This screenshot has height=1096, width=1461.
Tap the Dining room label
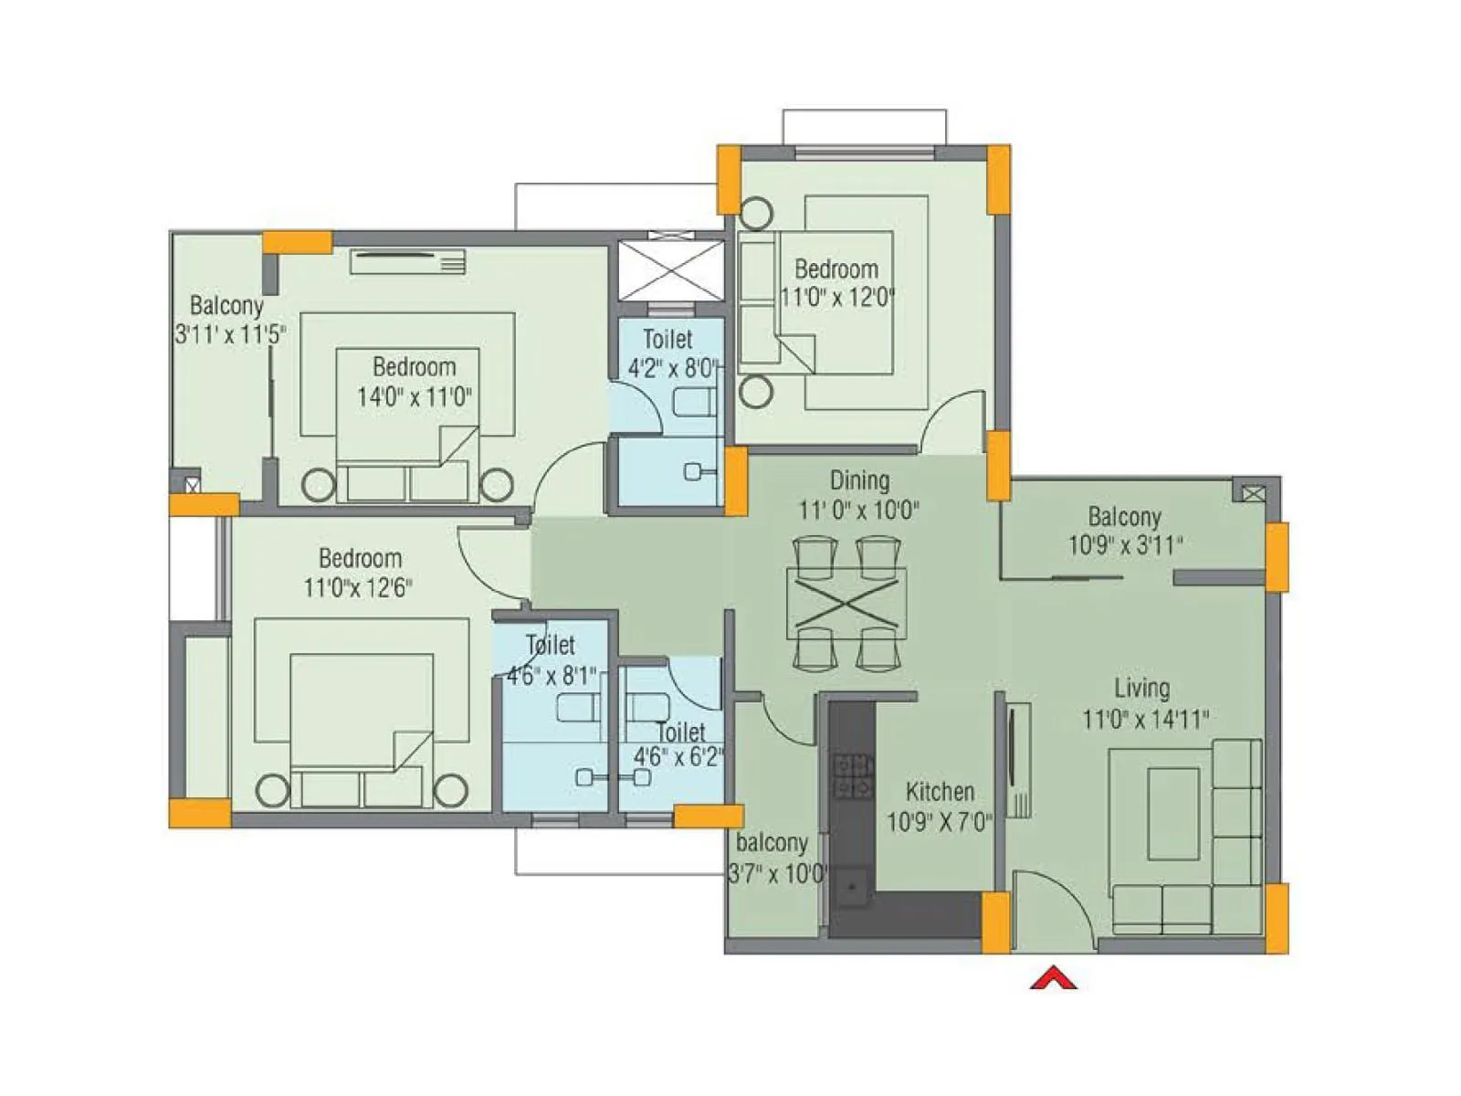click(x=859, y=480)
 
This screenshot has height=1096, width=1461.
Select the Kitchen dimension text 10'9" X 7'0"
click(x=940, y=822)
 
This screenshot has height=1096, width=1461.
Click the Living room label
click(x=1141, y=689)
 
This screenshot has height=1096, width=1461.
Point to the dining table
click(x=846, y=603)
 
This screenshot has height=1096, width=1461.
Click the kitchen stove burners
click(x=853, y=776)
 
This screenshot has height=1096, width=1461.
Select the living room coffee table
click(x=1173, y=813)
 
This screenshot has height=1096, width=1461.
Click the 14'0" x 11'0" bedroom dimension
click(x=415, y=397)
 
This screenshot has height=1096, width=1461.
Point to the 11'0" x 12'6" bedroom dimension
click(x=358, y=587)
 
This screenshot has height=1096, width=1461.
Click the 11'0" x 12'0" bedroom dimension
click(x=837, y=298)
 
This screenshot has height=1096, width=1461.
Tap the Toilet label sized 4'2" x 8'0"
click(x=667, y=340)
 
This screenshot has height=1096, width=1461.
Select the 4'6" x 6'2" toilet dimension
click(x=678, y=758)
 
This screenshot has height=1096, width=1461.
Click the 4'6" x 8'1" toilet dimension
click(x=552, y=677)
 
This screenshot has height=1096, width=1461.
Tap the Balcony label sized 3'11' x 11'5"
click(x=226, y=306)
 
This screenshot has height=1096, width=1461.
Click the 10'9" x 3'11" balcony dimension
click(x=1126, y=546)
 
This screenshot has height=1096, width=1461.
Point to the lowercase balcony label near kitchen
click(x=772, y=842)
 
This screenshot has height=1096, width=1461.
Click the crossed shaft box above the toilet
click(x=671, y=270)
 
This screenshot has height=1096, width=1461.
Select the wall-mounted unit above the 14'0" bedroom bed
click(x=408, y=262)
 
